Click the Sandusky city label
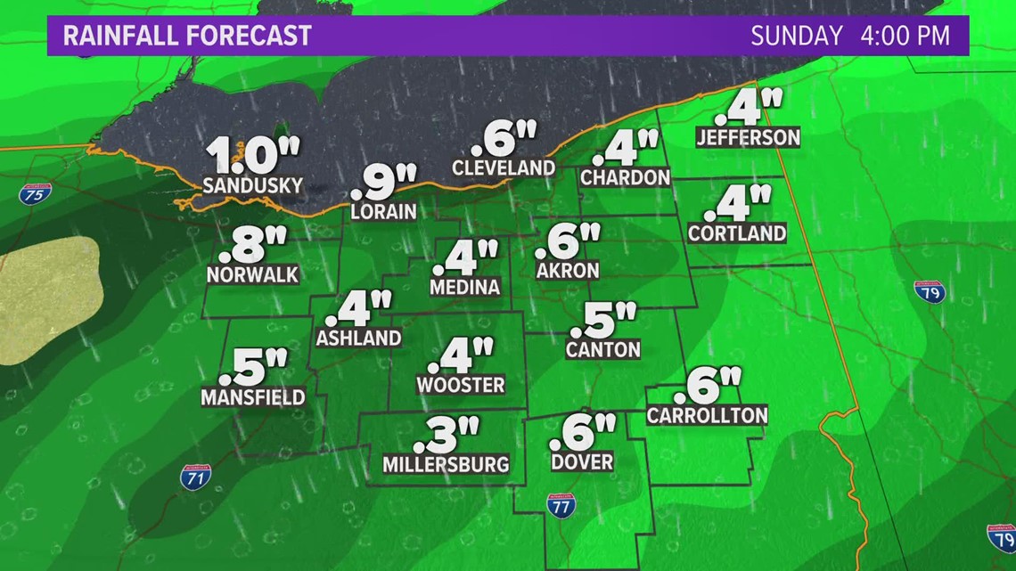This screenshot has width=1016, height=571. click(x=253, y=186)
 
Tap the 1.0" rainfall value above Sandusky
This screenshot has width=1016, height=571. click(x=253, y=157)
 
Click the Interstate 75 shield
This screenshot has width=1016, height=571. click(x=36, y=193)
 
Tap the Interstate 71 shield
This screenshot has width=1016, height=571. click(x=196, y=477)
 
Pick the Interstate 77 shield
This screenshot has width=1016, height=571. click(x=561, y=505)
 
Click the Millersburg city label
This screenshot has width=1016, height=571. click(x=446, y=464)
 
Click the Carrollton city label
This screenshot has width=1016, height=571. click(x=707, y=415)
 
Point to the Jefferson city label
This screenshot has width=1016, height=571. click(x=749, y=137)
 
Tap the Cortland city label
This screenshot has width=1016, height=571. click(x=737, y=233)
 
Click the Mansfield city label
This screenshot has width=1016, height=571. click(x=253, y=397)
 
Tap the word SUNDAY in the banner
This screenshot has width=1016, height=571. click(x=796, y=36)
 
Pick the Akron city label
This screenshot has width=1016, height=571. click(x=568, y=270)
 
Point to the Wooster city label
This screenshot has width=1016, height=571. click(x=461, y=386)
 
